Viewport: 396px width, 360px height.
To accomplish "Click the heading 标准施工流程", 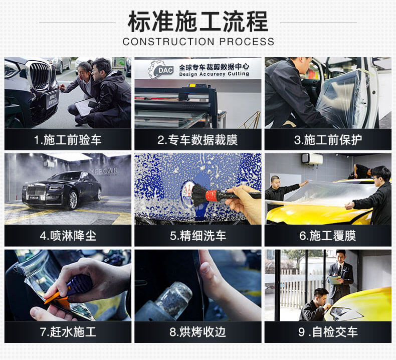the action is click(197, 22).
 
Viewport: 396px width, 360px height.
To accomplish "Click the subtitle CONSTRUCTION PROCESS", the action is click(199, 42).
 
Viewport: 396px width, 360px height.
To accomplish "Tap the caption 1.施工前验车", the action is click(68, 140).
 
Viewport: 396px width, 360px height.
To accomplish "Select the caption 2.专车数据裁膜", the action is click(197, 140).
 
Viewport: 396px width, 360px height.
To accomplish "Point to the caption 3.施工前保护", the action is click(328, 140).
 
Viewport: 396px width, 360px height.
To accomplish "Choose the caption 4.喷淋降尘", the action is click(68, 236).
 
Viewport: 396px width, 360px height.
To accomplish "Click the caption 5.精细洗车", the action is click(197, 236).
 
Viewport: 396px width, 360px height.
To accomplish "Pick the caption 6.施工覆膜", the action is click(327, 236).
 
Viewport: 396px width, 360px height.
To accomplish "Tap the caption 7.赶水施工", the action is click(68, 332).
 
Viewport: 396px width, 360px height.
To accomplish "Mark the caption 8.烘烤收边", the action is click(197, 332).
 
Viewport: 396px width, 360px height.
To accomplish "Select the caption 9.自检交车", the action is click(328, 332).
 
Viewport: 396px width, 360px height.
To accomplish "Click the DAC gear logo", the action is click(161, 70).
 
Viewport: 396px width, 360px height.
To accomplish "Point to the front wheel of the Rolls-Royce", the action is click(73, 200).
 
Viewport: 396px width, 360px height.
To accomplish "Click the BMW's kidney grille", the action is click(40, 75).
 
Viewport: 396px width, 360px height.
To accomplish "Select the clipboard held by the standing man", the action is click(334, 280).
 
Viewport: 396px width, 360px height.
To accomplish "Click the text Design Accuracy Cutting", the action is click(214, 74).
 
